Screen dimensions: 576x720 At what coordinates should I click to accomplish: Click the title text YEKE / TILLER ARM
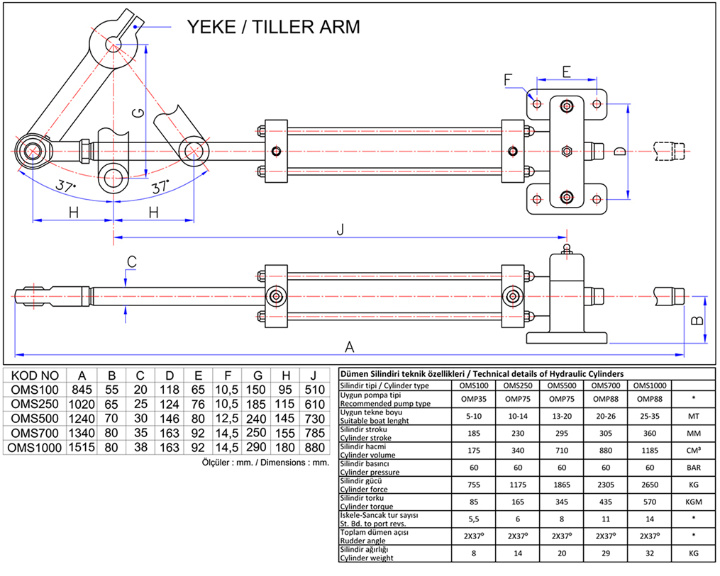point(273,27)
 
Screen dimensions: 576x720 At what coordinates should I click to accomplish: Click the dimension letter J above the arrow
point(340,229)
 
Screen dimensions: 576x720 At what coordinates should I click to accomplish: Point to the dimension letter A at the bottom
point(349,346)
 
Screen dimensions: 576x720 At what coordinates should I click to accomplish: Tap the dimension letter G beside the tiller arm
point(140,113)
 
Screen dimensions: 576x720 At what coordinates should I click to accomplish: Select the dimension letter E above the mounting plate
point(566,72)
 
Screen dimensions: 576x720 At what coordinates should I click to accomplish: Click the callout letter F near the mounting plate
point(508,80)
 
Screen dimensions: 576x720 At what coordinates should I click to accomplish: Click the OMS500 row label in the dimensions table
point(35,419)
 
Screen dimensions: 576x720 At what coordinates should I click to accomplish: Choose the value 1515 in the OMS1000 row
point(82,448)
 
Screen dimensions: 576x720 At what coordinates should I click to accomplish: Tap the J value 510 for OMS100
point(313,389)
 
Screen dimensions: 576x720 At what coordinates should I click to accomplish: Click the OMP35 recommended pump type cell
point(473,399)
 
